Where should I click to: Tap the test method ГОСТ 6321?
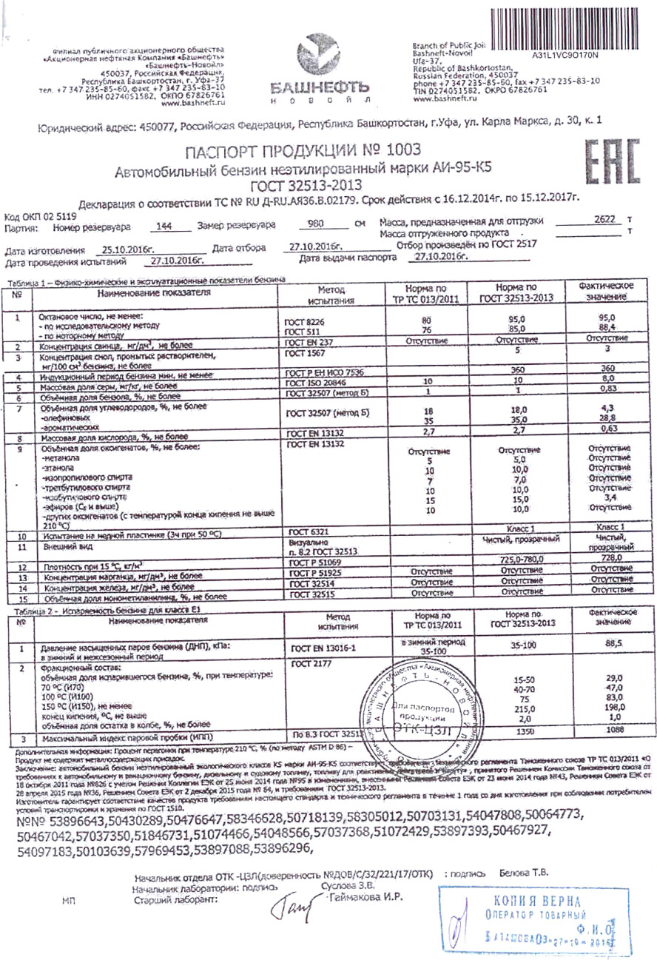click(x=303, y=531)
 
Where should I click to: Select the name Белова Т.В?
click(x=524, y=873)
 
